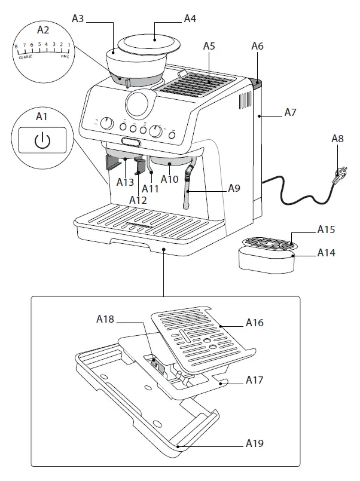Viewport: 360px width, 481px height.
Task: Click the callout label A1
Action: [x=42, y=117]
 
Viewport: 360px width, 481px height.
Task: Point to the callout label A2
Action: [x=44, y=29]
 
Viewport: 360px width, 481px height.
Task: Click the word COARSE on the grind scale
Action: [x=26, y=57]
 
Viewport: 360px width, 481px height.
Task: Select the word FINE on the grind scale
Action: [x=64, y=57]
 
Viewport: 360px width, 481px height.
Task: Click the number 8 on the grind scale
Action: [x=16, y=46]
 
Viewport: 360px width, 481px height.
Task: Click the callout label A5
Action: [x=209, y=45]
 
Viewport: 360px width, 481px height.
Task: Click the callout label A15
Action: [x=326, y=229]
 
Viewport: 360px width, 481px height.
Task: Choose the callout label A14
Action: [x=326, y=253]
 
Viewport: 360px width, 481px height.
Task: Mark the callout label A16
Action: [x=254, y=323]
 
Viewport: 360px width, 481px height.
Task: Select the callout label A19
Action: [x=254, y=444]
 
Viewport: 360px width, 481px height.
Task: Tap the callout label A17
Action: [x=254, y=380]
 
